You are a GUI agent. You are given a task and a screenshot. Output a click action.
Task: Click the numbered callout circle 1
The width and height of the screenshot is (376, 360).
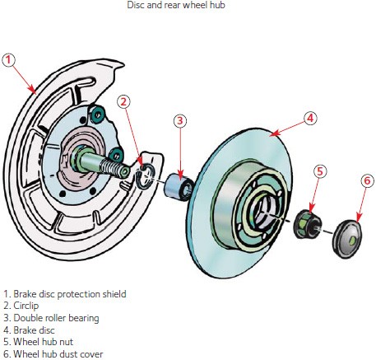pyautogui.click(x=9, y=59)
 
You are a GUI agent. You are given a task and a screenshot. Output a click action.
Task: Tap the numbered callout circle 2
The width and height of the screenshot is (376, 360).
pyautogui.click(x=123, y=101)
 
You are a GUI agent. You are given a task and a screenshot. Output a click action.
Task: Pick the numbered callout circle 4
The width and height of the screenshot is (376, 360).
pyautogui.click(x=309, y=118)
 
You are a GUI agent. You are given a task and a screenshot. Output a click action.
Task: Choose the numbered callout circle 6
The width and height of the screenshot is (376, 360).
pyautogui.click(x=366, y=180)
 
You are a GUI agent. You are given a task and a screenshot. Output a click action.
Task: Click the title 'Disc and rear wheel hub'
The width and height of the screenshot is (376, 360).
pyautogui.click(x=188, y=6)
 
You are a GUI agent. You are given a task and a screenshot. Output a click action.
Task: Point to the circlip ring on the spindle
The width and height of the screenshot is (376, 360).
pyautogui.click(x=145, y=174)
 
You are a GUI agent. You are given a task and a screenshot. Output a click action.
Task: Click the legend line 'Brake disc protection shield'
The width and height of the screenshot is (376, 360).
pyautogui.click(x=65, y=293)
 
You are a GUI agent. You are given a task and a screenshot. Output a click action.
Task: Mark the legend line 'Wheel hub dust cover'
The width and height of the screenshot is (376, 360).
pyautogui.click(x=53, y=354)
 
